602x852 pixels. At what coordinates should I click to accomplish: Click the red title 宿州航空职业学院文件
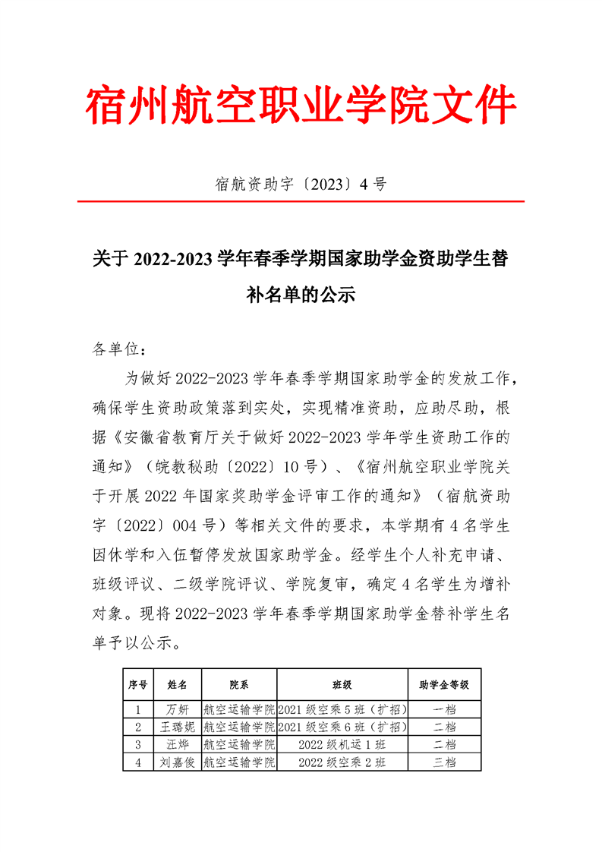coord(301,106)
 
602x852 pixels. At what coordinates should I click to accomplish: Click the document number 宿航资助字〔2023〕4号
coord(301,183)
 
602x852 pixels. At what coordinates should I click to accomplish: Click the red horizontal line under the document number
coord(301,201)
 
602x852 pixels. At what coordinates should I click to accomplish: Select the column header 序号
coord(137,684)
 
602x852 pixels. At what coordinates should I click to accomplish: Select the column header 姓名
coord(177,684)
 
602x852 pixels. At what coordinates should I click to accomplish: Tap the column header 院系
coord(238,684)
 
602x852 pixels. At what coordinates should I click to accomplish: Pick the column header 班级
coord(342,684)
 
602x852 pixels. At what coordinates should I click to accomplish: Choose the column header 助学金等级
coord(444,684)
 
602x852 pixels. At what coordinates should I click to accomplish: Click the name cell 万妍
coord(177,710)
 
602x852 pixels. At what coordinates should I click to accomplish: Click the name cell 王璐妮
coord(177,727)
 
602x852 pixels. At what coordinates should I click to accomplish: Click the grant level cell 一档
coord(444,710)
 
